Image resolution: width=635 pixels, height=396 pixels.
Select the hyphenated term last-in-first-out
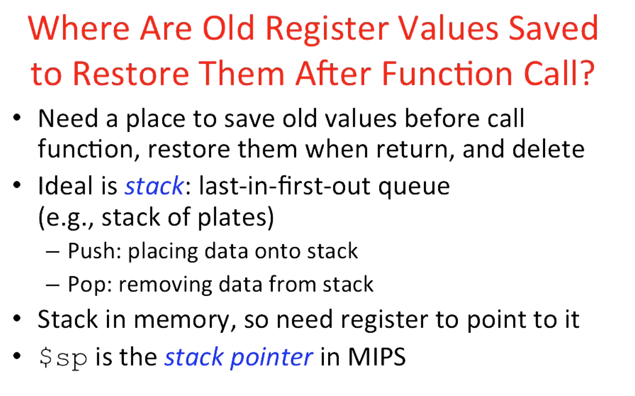(x=281, y=186)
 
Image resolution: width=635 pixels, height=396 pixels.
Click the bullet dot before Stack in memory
(x=18, y=320)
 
